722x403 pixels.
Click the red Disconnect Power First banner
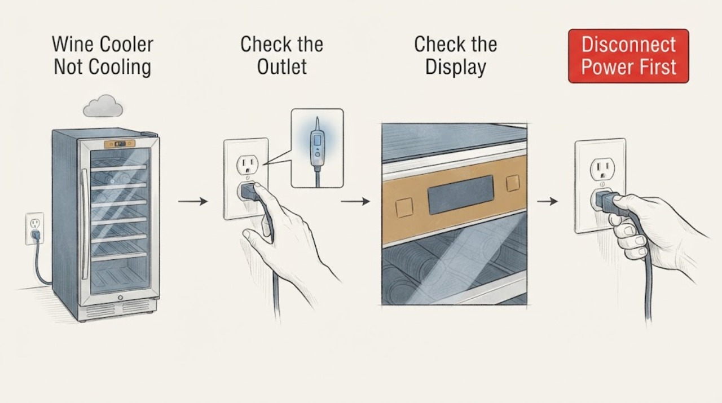point(628,56)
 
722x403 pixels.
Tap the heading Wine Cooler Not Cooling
point(103,55)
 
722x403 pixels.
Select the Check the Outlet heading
point(281,55)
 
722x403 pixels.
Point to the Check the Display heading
point(455,55)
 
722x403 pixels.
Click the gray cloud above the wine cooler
point(103,107)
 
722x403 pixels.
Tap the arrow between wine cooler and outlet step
point(193,201)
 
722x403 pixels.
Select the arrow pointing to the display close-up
point(355,201)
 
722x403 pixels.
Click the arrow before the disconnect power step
point(547,201)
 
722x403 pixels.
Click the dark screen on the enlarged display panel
point(461,194)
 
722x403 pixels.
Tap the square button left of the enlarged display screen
point(404,207)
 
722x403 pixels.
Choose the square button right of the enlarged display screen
point(513,183)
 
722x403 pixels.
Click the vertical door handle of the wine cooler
point(85,224)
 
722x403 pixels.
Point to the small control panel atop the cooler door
point(120,144)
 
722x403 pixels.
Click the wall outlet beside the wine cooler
point(34,228)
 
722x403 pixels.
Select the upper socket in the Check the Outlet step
point(247,165)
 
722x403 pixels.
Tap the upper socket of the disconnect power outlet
point(602,169)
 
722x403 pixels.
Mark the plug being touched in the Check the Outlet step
point(249,192)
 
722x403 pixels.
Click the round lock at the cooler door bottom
point(120,298)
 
